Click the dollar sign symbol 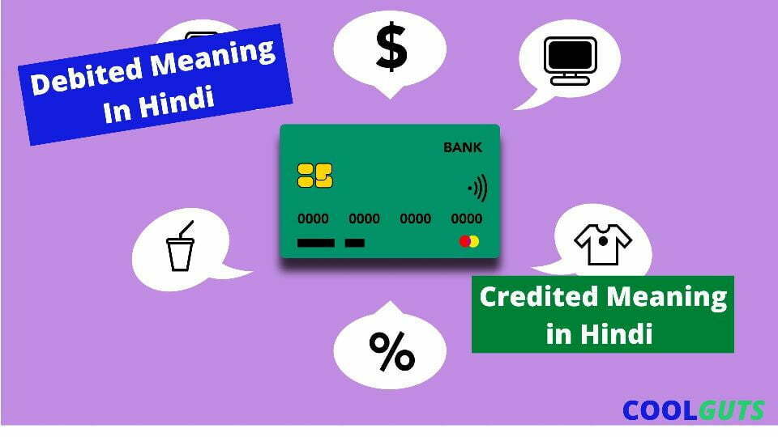click(x=391, y=47)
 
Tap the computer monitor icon click(x=570, y=61)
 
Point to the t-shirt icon click(x=603, y=244)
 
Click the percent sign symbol click(x=391, y=351)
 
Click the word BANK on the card click(x=463, y=147)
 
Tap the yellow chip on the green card click(x=315, y=176)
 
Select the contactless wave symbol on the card click(x=478, y=188)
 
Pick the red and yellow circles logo click(x=469, y=241)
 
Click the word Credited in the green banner click(x=539, y=297)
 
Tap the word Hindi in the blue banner click(x=177, y=103)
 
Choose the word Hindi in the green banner click(x=616, y=333)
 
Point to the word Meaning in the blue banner click(x=213, y=57)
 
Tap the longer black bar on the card click(x=315, y=243)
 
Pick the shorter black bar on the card click(x=355, y=243)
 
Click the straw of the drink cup click(x=186, y=229)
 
